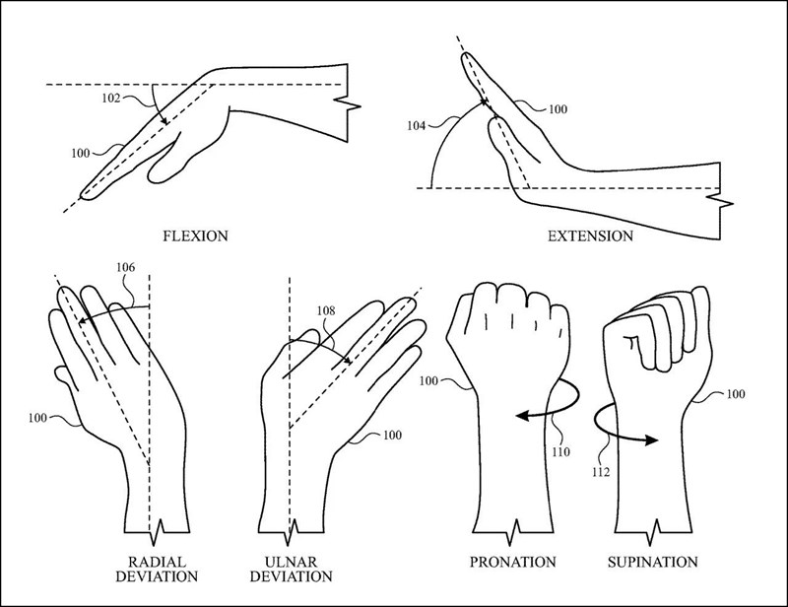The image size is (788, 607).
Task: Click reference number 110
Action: click(561, 454)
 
